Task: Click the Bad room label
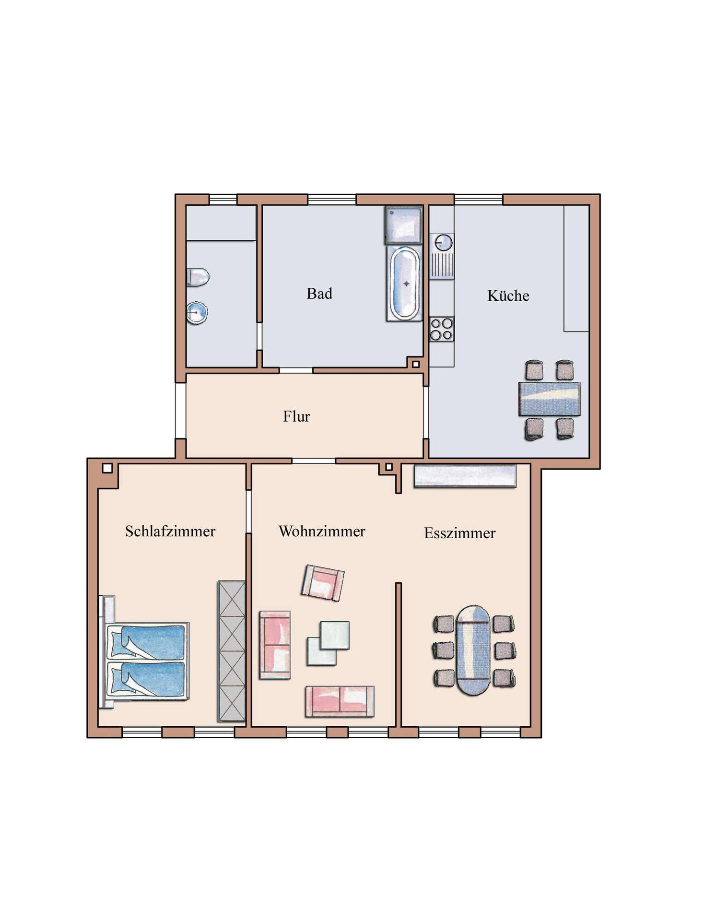click(x=319, y=294)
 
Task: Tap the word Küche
click(x=508, y=295)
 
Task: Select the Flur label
click(x=296, y=416)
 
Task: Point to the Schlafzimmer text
click(x=170, y=531)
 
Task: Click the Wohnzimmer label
click(x=322, y=531)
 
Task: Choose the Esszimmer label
click(x=459, y=533)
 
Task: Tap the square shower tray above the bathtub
click(x=404, y=225)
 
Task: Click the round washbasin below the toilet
click(x=197, y=312)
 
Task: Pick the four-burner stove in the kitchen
click(x=441, y=329)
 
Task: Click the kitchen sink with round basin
click(x=442, y=256)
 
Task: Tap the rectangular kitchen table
click(x=549, y=399)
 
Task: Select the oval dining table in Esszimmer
click(x=473, y=650)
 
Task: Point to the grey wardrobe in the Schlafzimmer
click(x=232, y=651)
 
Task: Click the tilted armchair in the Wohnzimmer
click(x=323, y=582)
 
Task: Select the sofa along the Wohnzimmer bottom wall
click(x=339, y=701)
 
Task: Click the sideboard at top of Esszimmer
click(x=465, y=476)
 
